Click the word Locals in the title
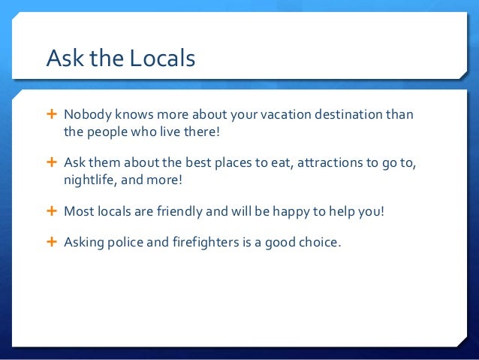(x=161, y=58)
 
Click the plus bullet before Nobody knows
(x=52, y=115)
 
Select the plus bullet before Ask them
(x=52, y=163)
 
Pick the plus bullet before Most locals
(x=52, y=211)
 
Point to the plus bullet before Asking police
(x=52, y=242)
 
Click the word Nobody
(x=87, y=116)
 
